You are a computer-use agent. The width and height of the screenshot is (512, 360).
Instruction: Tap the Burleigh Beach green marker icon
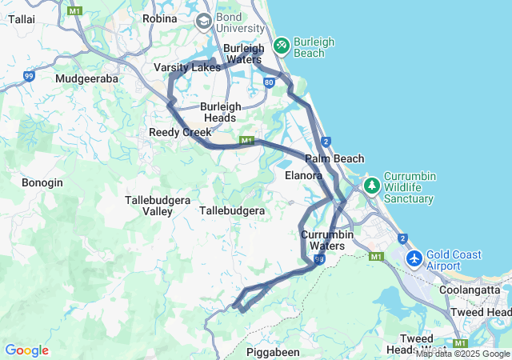(282, 45)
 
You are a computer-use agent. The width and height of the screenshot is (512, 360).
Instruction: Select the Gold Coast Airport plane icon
(414, 259)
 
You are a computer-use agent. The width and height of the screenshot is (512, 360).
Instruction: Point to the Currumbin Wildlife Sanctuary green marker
(371, 186)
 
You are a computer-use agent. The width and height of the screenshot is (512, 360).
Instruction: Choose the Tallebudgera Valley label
(148, 205)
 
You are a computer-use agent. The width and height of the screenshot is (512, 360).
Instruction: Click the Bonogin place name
(42, 182)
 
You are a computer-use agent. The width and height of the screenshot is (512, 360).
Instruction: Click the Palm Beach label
(334, 158)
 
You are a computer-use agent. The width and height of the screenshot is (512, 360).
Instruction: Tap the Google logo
(26, 350)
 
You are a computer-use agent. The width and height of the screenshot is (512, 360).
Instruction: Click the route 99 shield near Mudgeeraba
(29, 76)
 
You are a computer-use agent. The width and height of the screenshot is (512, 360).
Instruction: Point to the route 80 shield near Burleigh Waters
(269, 82)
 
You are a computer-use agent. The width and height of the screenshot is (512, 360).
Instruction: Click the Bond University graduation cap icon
(203, 21)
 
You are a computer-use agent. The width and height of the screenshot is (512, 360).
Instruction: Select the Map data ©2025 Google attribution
(462, 354)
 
